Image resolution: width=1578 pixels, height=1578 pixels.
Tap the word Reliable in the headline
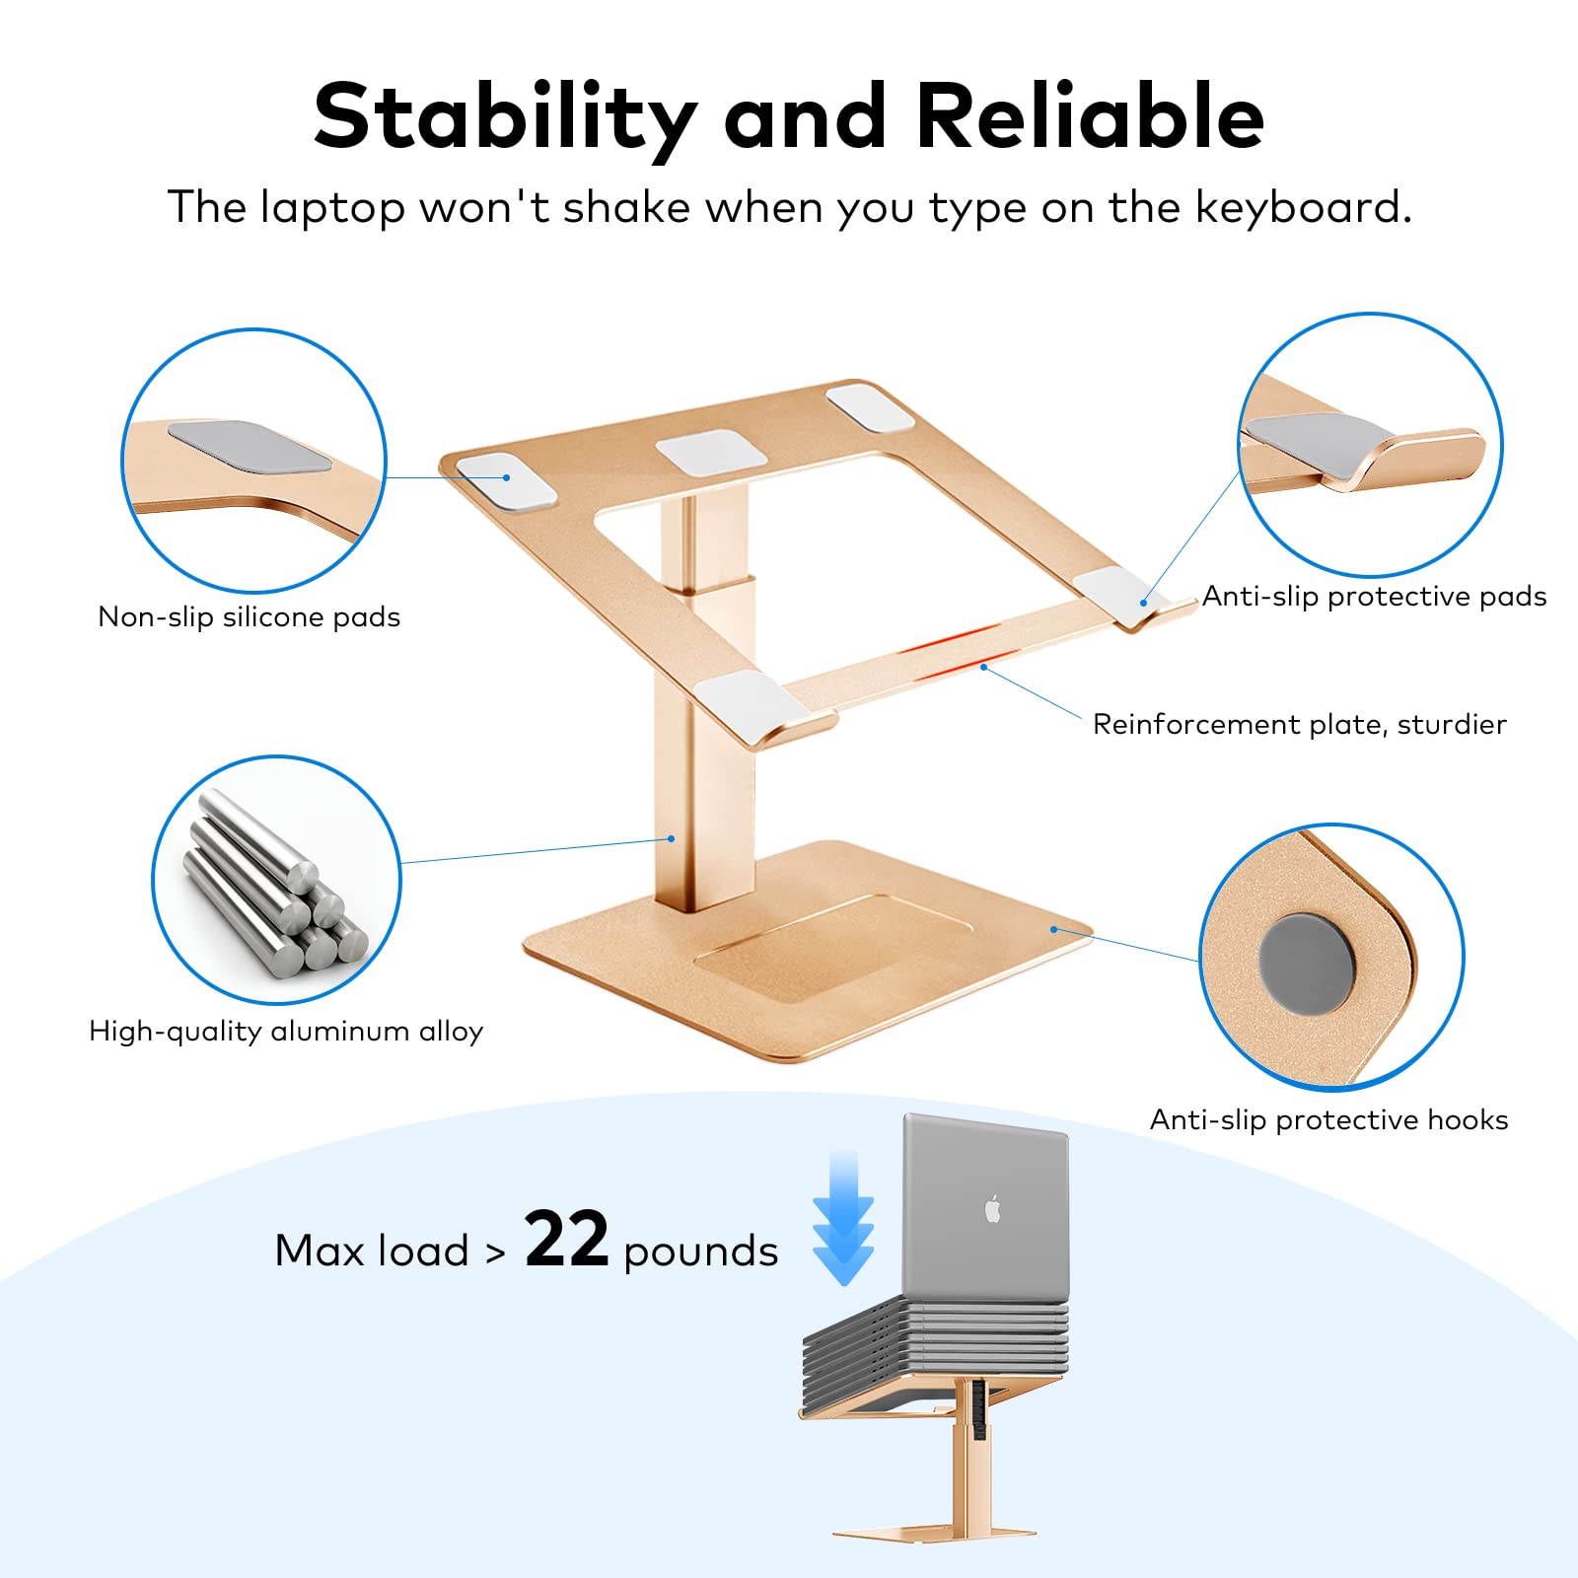1090,116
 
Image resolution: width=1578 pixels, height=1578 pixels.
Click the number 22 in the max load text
566,1240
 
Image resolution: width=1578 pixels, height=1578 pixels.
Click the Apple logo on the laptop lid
993,1208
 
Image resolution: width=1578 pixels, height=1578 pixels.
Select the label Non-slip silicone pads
250,617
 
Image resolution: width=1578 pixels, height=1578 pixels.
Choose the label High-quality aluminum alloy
286,1032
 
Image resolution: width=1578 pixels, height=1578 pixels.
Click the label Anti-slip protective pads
1374,597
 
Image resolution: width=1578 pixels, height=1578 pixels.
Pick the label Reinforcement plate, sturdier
1299,725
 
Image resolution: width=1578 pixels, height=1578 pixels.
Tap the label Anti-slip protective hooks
1328,1120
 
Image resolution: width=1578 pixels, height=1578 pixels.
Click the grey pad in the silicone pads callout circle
249,447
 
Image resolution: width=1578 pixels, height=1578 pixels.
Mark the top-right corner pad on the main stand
870,405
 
